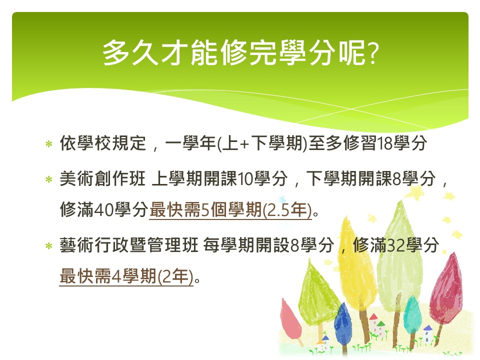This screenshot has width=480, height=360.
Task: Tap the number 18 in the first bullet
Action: click(385, 143)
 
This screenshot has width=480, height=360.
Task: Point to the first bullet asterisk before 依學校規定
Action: click(48, 144)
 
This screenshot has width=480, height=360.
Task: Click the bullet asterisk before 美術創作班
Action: click(48, 179)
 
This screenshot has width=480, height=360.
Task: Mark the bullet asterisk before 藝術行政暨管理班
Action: click(48, 246)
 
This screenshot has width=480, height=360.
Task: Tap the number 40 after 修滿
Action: click(104, 210)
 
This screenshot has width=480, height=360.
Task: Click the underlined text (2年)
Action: click(175, 276)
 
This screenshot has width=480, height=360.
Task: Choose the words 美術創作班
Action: click(102, 179)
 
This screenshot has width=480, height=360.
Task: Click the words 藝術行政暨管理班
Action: click(129, 245)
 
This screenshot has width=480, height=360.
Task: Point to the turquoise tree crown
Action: click(412, 315)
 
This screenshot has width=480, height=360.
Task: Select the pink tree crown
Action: click(290, 319)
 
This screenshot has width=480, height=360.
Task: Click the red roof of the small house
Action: click(373, 317)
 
